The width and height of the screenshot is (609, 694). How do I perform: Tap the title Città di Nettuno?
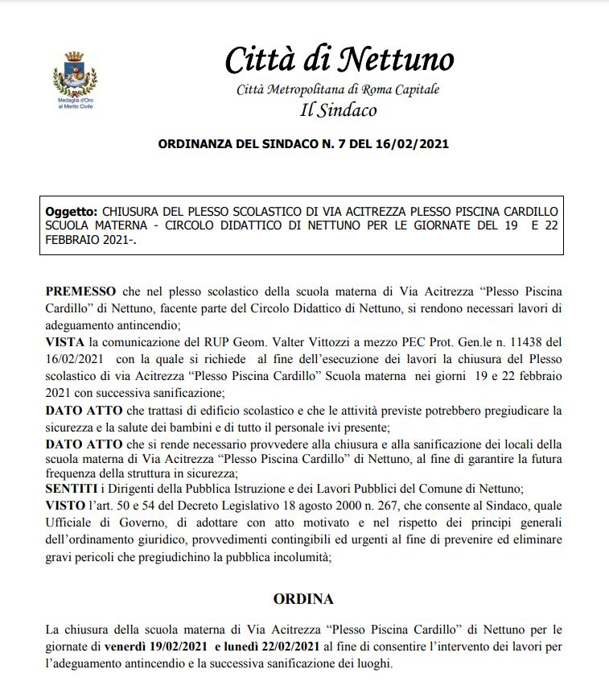click(339, 59)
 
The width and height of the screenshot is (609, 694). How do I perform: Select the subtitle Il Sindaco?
click(338, 109)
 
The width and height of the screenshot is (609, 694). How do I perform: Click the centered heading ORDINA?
click(303, 599)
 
